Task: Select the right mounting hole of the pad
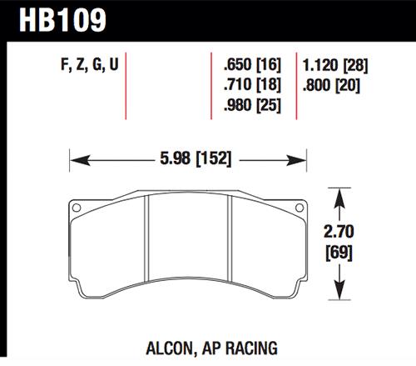pyautogui.click(x=297, y=208)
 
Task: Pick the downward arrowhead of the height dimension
pyautogui.click(x=339, y=295)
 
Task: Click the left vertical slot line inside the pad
pyautogui.click(x=148, y=250)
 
